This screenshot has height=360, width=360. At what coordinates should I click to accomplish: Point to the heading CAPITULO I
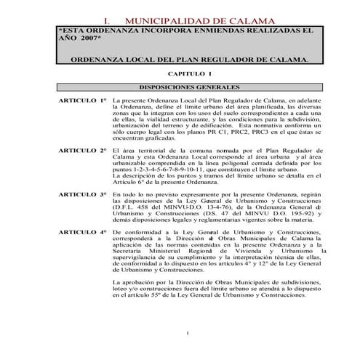[190, 75]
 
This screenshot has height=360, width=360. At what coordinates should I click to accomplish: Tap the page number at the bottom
[188, 333]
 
